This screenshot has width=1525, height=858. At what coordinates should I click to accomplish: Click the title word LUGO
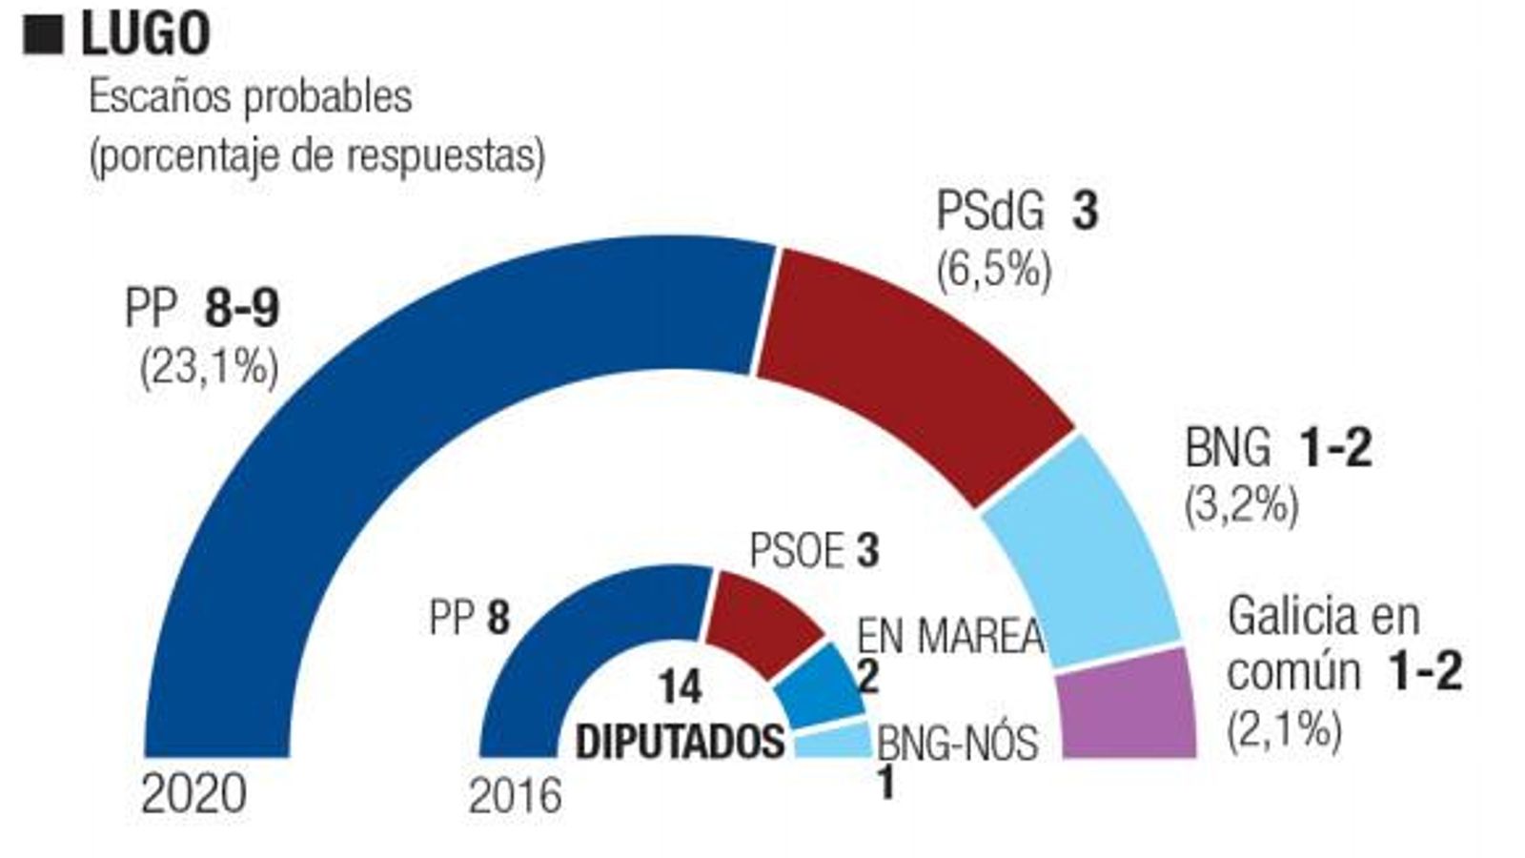145,34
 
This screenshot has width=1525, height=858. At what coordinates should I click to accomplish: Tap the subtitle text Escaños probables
250,97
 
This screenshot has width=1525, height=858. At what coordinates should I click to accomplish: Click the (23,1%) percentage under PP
209,367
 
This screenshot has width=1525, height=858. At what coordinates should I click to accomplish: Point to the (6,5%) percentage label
993,271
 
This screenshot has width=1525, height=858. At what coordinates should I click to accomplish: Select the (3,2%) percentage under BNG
1241,505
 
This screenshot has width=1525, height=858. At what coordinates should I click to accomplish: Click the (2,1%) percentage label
1284,731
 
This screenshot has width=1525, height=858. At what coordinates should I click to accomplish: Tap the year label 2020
193,794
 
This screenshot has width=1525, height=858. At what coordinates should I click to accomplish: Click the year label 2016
515,796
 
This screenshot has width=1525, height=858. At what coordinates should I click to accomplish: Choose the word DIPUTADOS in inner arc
680,742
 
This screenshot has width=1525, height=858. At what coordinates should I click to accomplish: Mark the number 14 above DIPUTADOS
680,687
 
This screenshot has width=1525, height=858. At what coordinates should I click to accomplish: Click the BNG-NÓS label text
956,743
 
